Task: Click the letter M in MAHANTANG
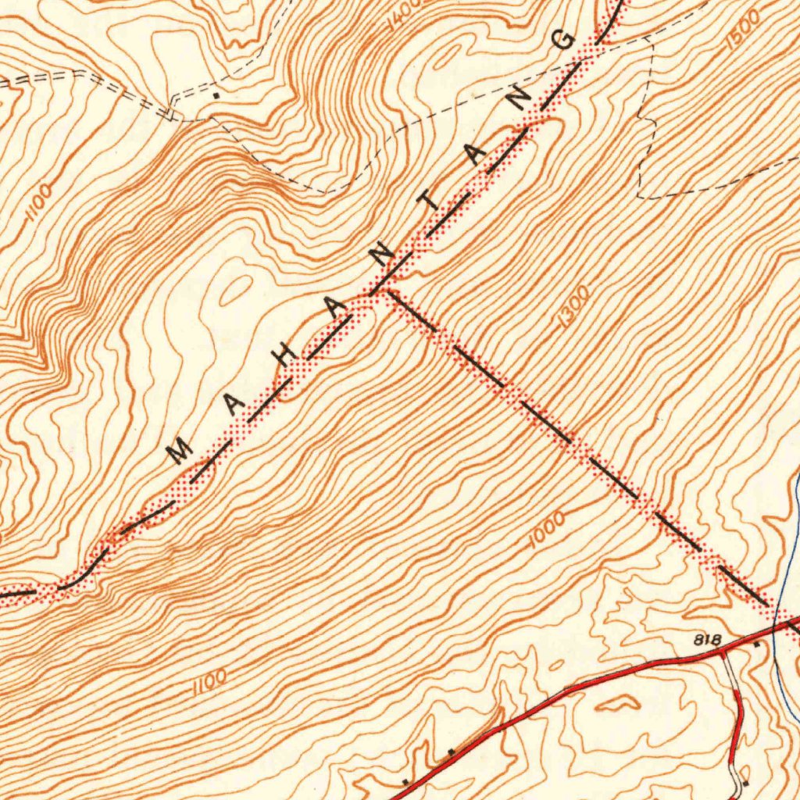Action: coord(180,450)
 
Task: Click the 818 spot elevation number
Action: coord(707,640)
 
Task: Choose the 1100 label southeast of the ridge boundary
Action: coord(209,681)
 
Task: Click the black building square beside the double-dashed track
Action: coord(216,94)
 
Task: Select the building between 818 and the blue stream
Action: coord(755,645)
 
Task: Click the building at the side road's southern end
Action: coord(745,781)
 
